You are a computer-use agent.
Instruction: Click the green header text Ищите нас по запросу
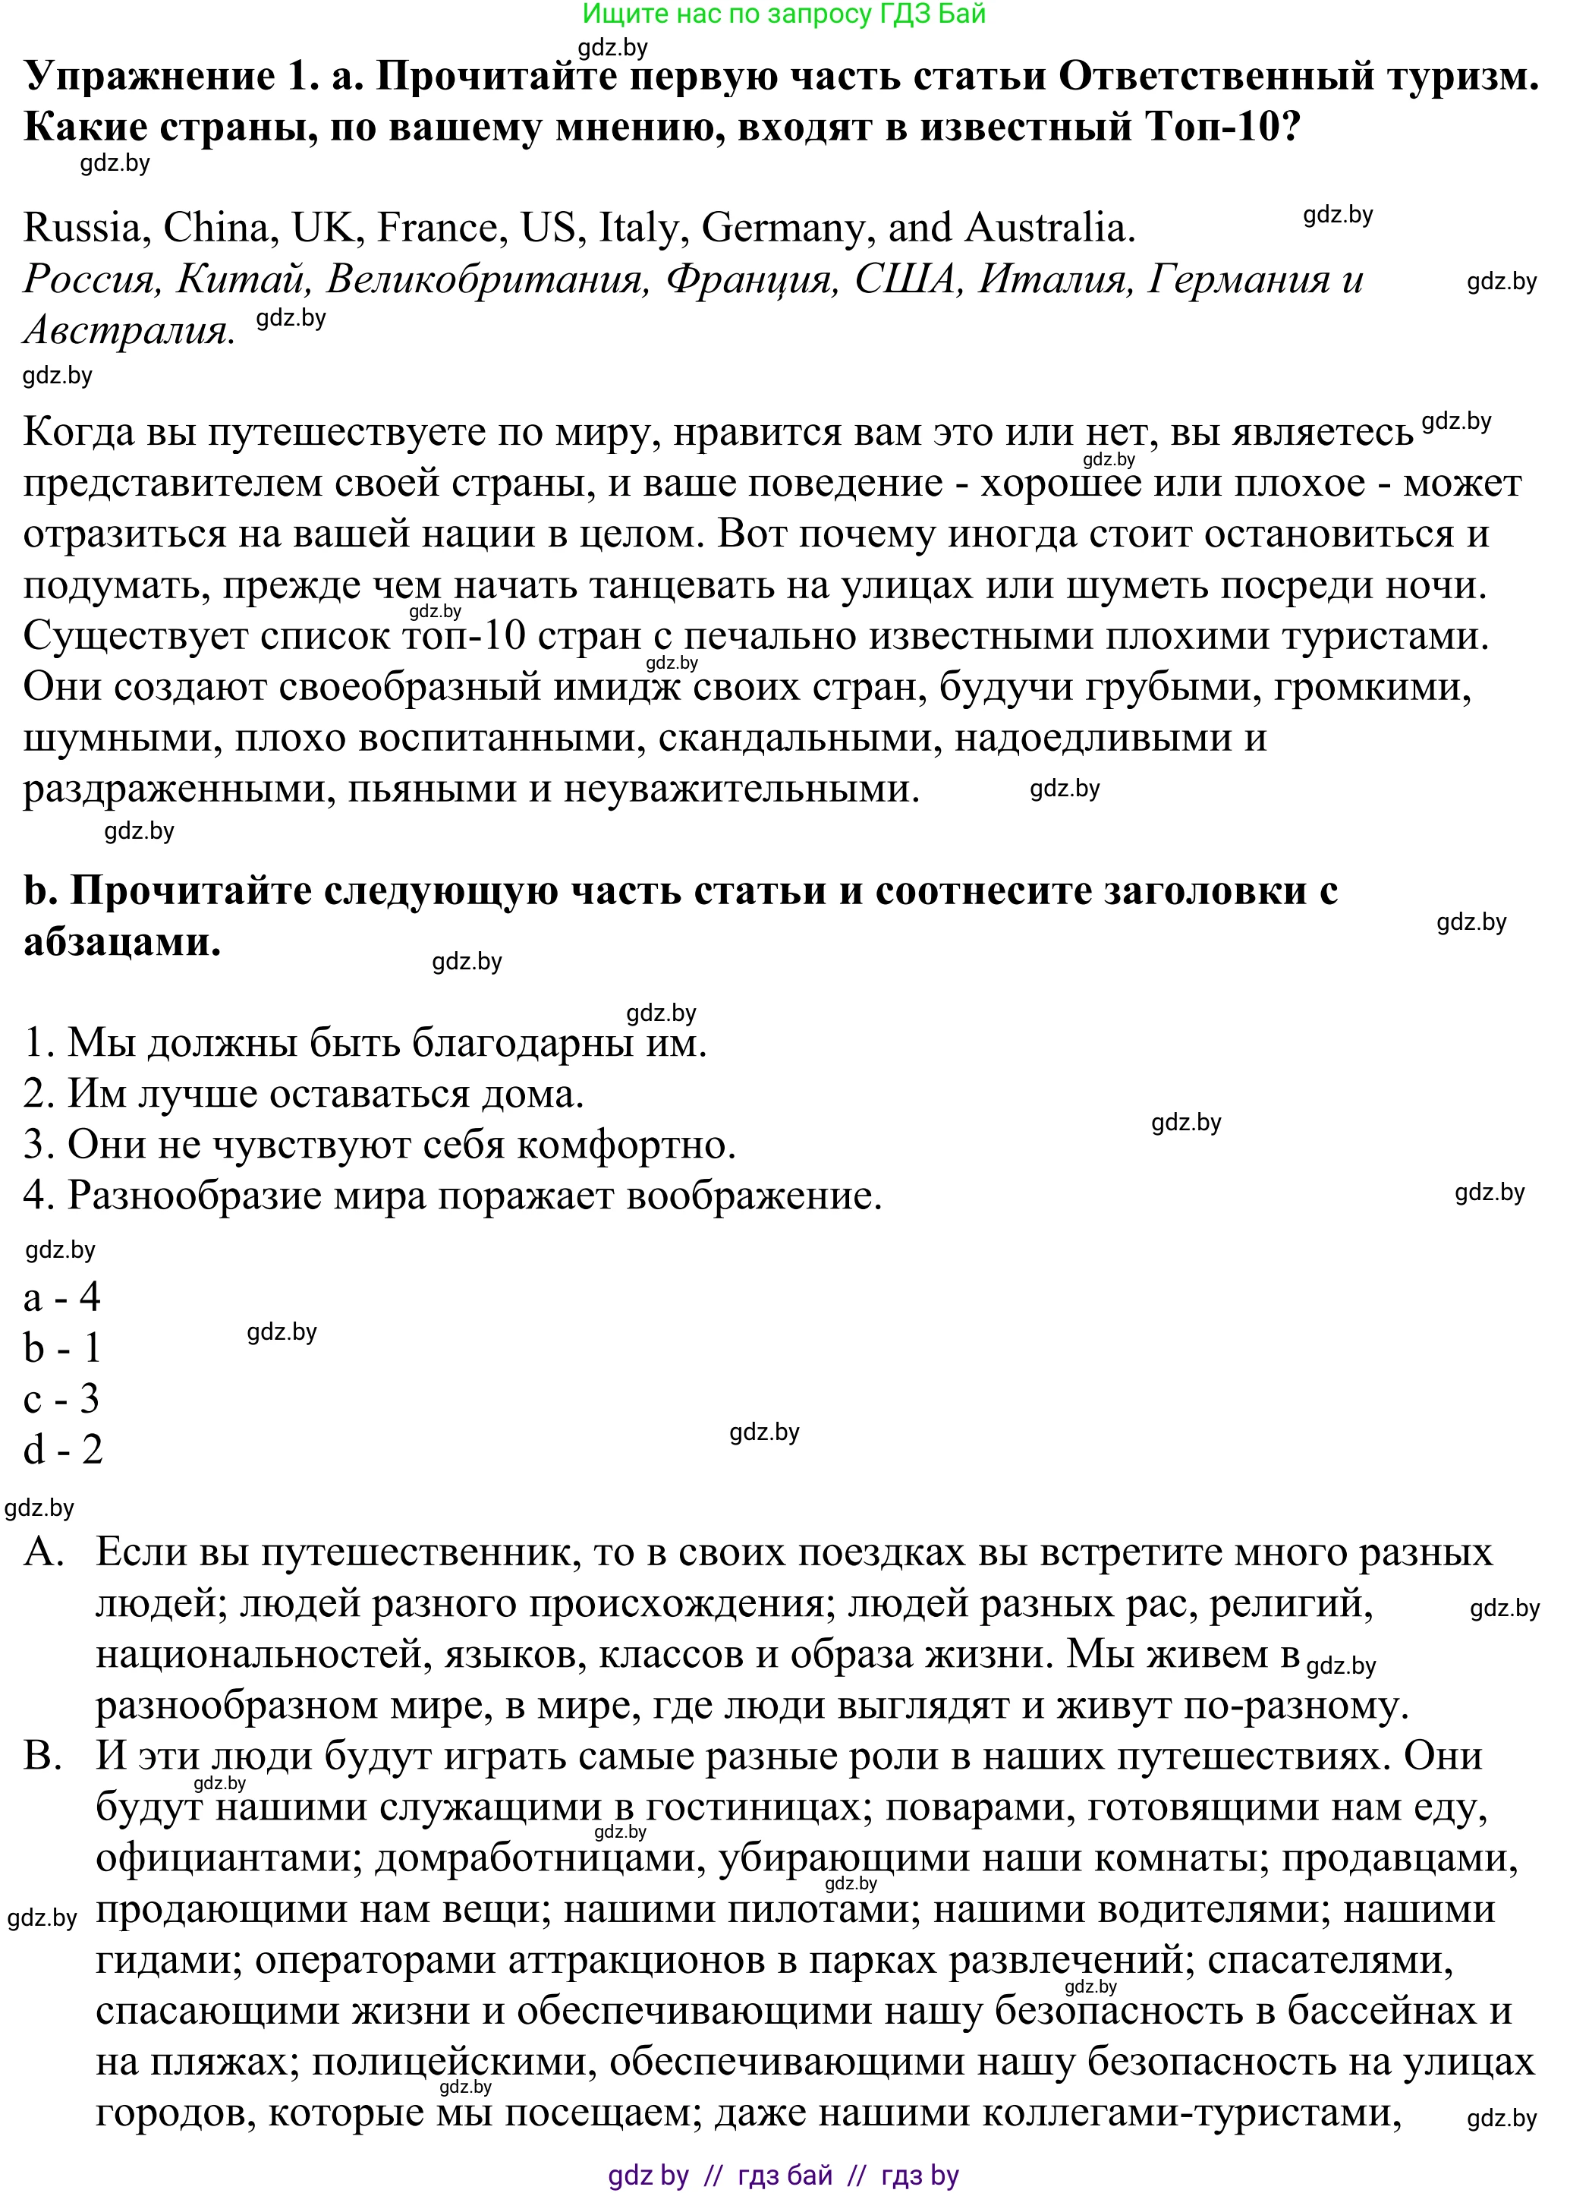[783, 14]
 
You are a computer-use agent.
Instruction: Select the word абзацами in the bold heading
[122, 941]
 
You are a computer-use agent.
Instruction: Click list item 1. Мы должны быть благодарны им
[366, 1043]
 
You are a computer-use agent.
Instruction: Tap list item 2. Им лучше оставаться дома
[304, 1095]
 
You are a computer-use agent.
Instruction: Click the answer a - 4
[62, 1297]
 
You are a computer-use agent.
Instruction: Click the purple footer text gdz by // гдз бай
[783, 2176]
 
